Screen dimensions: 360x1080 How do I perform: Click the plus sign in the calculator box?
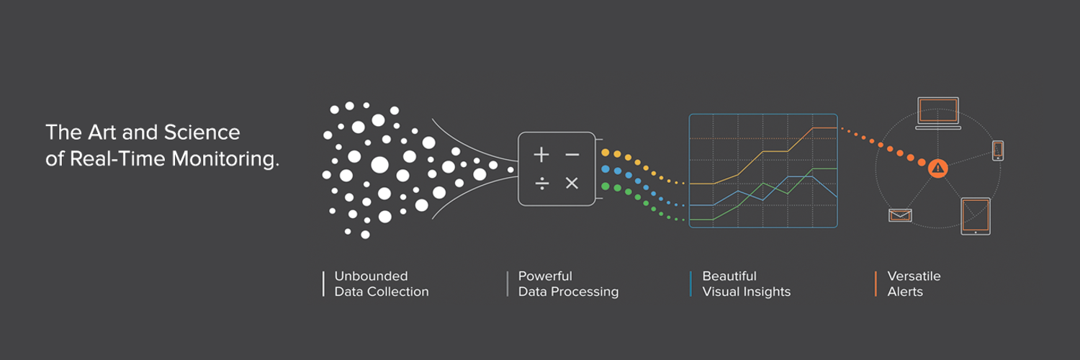541,155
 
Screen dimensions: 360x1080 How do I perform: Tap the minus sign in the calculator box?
572,155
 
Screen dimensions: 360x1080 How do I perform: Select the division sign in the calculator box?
541,184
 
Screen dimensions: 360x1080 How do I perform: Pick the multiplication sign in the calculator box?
572,184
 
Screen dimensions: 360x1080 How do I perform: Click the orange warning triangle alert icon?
937,168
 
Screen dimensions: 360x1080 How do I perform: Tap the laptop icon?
937,113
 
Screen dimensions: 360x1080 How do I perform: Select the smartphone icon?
998,150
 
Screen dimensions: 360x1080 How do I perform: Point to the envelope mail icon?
900,215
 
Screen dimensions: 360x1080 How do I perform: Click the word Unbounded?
371,276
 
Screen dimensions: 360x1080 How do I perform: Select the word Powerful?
545,276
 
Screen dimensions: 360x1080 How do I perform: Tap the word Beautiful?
729,276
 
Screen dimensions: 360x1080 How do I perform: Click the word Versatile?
914,276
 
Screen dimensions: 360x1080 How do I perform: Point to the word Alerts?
905,292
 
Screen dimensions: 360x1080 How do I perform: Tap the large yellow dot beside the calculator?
606,153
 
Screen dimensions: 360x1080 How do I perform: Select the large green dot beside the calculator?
606,186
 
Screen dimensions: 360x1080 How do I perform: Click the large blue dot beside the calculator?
606,169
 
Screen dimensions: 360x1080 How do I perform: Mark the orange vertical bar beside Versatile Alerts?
876,284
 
